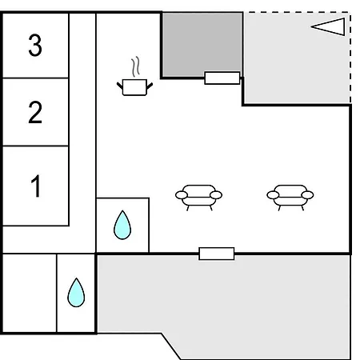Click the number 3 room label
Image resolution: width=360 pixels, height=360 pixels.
coord(35,45)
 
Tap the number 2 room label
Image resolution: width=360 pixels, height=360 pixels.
coord(35,112)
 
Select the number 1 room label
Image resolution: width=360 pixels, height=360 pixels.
coord(36,186)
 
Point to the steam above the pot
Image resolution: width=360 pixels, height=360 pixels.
coord(135,66)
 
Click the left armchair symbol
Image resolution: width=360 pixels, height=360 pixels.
coord(198,198)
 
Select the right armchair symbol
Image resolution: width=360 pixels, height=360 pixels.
coord(290,198)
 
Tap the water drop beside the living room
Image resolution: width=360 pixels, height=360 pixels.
coord(122,226)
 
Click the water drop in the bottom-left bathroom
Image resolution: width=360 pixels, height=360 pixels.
coord(76,293)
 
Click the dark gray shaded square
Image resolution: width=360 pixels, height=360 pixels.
coord(202,45)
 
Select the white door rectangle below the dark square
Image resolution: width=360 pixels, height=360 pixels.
coord(222,78)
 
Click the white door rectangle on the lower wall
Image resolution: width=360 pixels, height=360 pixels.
coord(217,254)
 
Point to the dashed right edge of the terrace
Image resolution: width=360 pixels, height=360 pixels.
coord(350,58)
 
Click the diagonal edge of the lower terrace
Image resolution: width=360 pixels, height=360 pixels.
coord(171,346)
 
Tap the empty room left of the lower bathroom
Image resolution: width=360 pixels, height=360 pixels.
coord(30,294)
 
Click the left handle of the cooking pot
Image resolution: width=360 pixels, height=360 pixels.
coord(120,86)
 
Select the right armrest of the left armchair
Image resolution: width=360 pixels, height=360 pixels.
coord(216,195)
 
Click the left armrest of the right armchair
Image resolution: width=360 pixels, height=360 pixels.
coord(273,195)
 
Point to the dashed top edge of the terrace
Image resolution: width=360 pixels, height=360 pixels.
coord(297,12)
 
